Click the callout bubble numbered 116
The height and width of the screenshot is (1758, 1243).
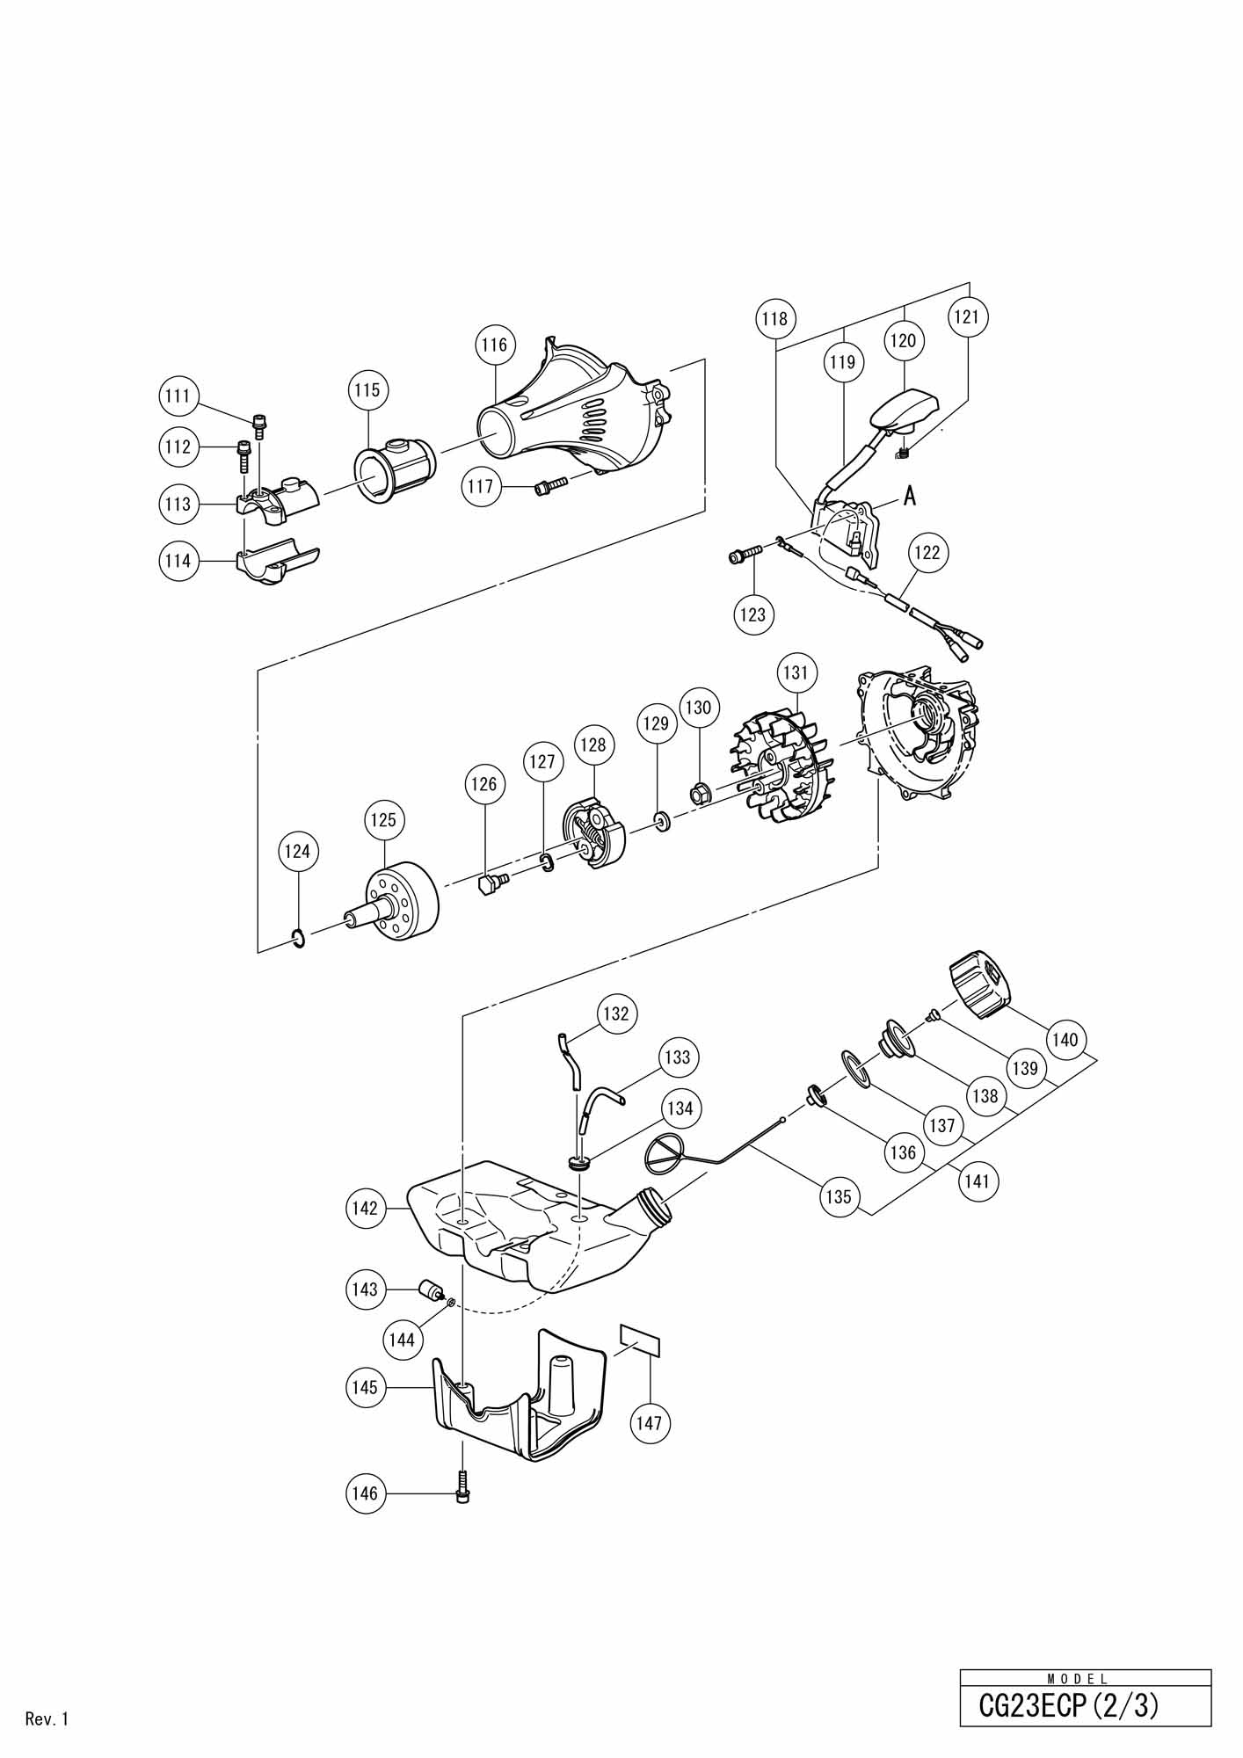(x=495, y=345)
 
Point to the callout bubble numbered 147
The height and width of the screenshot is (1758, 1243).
(x=649, y=1421)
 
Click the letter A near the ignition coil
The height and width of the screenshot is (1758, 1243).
(x=910, y=497)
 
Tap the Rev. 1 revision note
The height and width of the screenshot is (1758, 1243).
(x=47, y=1719)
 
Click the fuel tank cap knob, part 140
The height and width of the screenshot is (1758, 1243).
(x=979, y=988)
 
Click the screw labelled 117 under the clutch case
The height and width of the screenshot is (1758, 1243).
(x=546, y=485)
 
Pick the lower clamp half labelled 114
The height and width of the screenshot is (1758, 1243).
(x=276, y=563)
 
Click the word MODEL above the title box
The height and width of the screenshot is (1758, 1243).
(x=1078, y=1678)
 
